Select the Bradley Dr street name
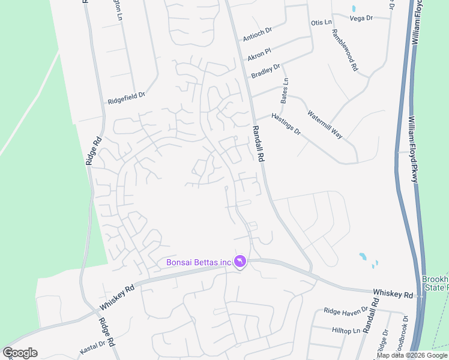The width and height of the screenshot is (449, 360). [265, 71]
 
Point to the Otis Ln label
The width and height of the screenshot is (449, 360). [321, 23]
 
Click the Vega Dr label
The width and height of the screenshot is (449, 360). [361, 18]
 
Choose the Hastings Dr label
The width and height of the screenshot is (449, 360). [286, 124]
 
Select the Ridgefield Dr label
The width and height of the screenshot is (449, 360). [127, 98]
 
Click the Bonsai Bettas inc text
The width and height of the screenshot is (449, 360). [199, 262]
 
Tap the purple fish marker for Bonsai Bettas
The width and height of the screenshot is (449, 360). [240, 262]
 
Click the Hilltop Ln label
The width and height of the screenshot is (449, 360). [346, 330]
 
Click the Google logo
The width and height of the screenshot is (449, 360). [20, 353]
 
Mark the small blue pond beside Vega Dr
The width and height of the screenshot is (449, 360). [354, 9]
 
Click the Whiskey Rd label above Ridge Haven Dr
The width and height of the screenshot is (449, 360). [393, 294]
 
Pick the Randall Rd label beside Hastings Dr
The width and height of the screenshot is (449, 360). [259, 144]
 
